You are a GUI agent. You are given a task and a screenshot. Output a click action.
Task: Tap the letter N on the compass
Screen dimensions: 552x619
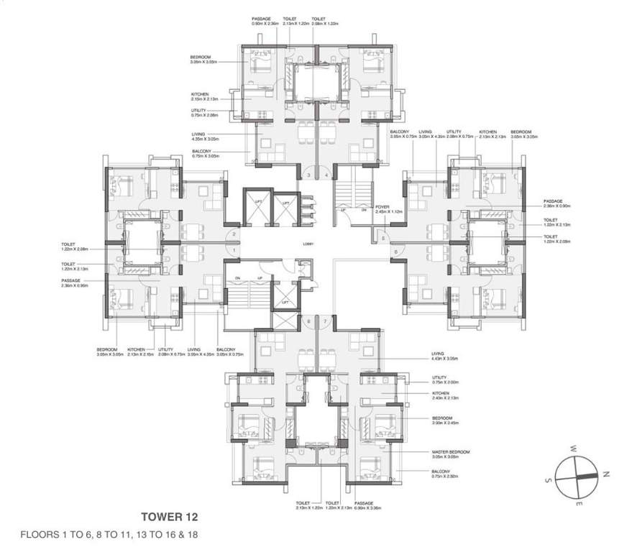click(606, 474)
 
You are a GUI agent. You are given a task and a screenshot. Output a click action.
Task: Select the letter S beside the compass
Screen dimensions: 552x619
click(548, 480)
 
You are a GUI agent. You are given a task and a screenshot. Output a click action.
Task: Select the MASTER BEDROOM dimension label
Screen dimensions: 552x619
click(450, 454)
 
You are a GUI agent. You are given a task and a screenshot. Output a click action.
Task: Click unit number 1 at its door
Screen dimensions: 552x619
click(235, 249)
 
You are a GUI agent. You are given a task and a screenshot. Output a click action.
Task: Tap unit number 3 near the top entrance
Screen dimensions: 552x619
click(308, 175)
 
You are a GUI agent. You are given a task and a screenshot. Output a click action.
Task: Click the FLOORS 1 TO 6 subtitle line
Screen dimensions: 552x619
click(107, 535)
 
